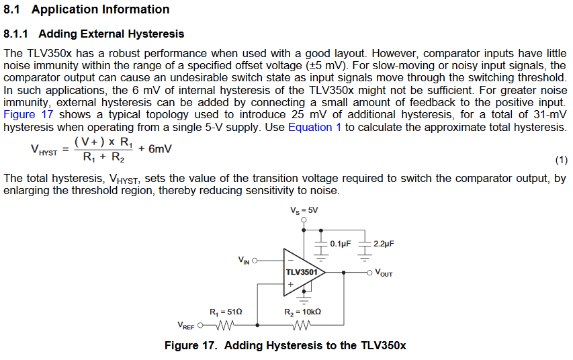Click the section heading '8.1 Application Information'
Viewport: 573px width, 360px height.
87,9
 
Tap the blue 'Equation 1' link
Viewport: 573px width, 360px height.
314,127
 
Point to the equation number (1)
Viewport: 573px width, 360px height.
562,161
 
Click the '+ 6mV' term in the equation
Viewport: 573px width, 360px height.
155,148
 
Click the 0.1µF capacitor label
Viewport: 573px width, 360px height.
341,244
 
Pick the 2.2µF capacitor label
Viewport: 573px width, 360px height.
383,244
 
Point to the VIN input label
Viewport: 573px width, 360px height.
244,260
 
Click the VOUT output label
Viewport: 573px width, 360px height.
384,273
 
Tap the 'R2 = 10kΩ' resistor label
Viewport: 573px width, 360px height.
302,312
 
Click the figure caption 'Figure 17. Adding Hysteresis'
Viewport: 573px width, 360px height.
285,346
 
